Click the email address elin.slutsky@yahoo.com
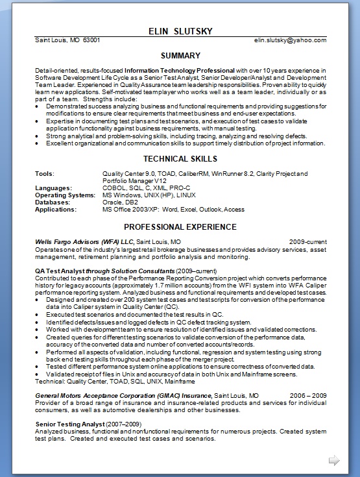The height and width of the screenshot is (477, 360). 290,40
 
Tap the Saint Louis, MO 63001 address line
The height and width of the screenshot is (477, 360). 67,40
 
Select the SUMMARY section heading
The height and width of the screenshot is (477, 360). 180,56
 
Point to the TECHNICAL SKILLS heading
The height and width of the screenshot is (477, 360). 180,159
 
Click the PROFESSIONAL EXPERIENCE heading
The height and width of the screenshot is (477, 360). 180,227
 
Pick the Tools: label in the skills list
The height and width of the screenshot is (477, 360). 45,174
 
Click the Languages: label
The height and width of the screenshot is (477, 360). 53,188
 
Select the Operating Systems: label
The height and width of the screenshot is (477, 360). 65,195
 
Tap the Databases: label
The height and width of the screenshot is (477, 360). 53,202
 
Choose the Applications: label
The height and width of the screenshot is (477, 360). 56,210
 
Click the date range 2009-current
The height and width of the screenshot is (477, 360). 307,241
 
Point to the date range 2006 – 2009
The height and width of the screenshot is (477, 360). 308,395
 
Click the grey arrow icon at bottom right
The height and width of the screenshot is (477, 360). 334,460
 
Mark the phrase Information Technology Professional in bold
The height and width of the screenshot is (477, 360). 179,70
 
